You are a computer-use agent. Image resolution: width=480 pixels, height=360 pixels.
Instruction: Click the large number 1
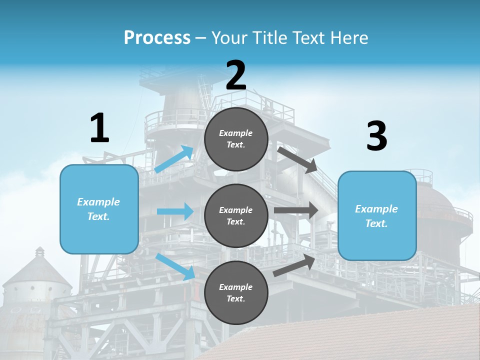(99, 128)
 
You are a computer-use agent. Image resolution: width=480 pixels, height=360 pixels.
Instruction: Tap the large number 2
(236, 75)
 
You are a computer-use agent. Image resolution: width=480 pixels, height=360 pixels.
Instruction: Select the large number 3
(376, 136)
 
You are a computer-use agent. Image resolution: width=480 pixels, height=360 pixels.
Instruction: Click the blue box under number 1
(99, 209)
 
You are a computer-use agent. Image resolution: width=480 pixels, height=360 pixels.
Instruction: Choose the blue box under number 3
(377, 216)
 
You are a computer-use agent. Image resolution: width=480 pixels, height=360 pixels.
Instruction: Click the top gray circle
(236, 139)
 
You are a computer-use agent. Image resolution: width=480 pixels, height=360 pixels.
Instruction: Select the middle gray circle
(236, 215)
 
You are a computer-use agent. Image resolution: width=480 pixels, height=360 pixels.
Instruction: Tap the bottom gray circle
(236, 292)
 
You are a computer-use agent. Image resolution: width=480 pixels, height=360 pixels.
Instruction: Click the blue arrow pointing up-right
(174, 159)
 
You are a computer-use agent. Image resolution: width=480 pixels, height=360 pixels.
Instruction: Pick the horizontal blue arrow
(175, 211)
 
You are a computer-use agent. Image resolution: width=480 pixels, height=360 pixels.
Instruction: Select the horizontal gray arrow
(296, 210)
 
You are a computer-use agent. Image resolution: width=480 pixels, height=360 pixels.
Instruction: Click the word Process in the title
(157, 37)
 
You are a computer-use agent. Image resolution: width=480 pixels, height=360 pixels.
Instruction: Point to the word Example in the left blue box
(98, 202)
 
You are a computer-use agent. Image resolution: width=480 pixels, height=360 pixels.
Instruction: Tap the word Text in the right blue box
(375, 223)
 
